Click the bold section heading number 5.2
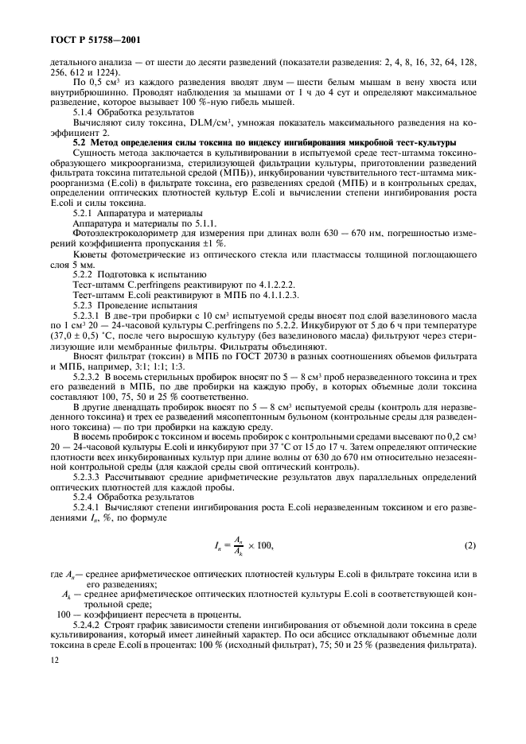[82, 141]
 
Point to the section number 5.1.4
[85, 112]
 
